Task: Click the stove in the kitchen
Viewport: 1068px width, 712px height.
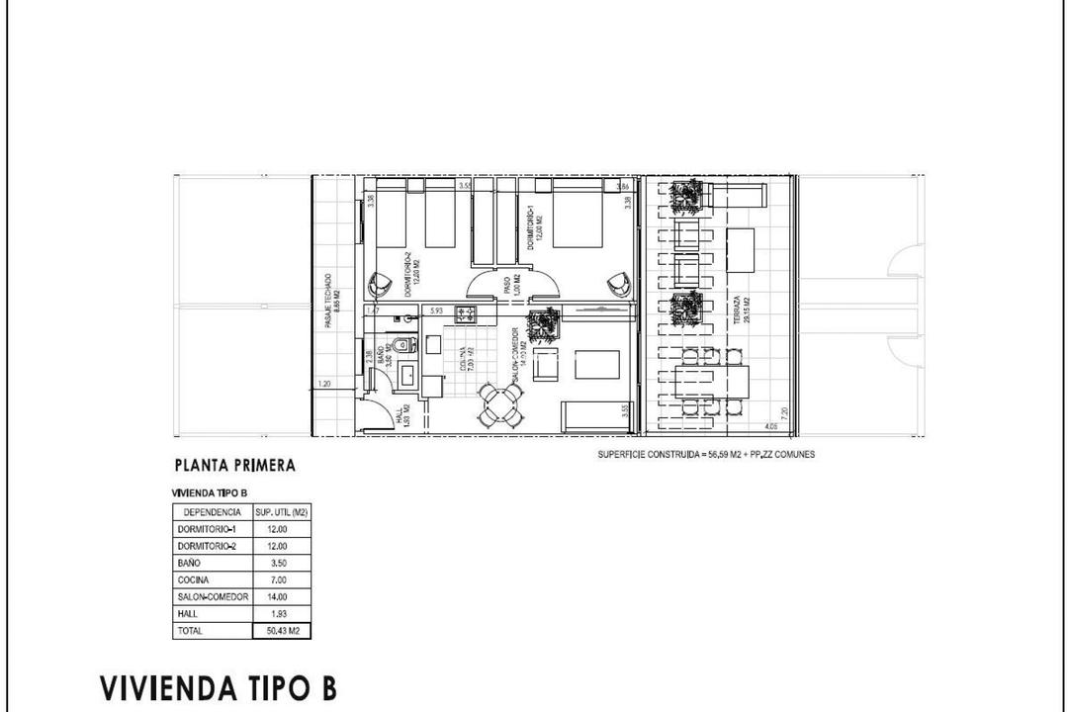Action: [x=466, y=314]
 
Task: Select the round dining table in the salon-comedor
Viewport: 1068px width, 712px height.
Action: [x=500, y=404]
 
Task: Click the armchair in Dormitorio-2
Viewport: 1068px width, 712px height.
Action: [x=380, y=284]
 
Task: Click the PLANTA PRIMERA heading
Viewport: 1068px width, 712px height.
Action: [x=234, y=465]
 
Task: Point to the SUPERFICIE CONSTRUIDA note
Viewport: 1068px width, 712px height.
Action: [x=706, y=454]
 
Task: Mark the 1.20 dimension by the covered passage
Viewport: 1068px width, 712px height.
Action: [x=324, y=384]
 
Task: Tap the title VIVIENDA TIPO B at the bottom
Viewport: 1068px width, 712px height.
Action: [x=218, y=687]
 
